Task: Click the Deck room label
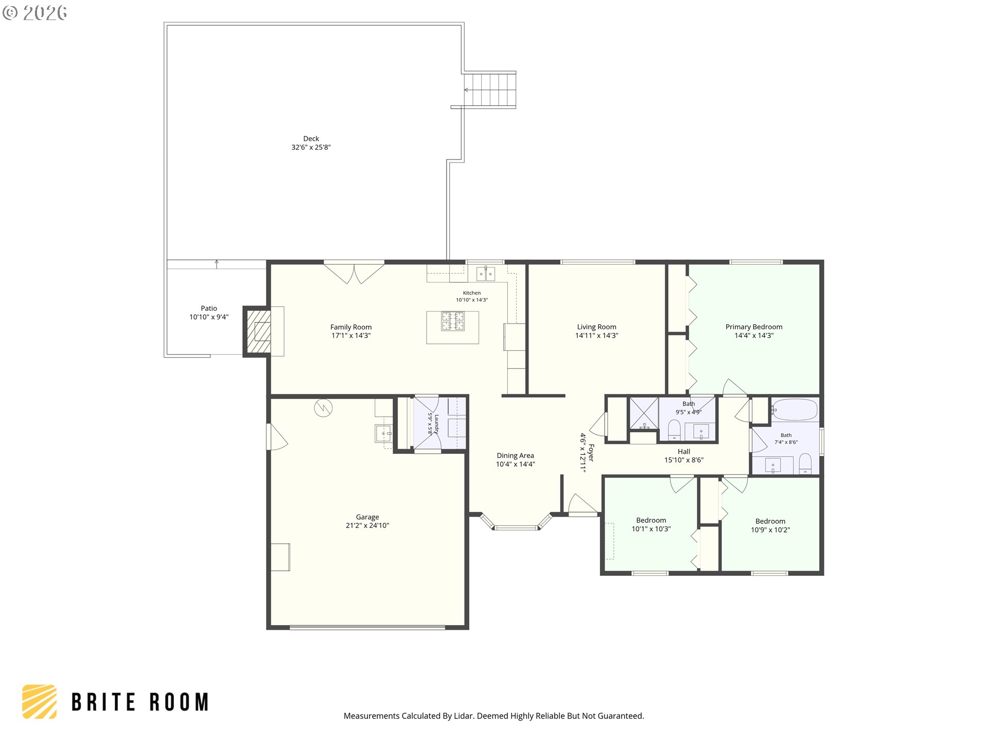tap(311, 138)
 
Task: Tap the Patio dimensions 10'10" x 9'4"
tap(209, 317)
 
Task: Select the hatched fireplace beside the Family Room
tap(257, 331)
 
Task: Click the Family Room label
tap(351, 327)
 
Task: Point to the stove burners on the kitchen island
tap(452, 322)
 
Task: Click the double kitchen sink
tap(485, 274)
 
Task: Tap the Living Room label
tap(596, 327)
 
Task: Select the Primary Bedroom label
tap(754, 327)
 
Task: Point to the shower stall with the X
tap(644, 413)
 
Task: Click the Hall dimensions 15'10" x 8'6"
tap(684, 460)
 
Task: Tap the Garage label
tap(367, 517)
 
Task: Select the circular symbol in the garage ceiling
tap(323, 408)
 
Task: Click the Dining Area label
tap(515, 455)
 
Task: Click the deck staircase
tap(490, 90)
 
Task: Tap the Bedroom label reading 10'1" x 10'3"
tap(651, 520)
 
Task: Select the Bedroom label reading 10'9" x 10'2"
tap(770, 521)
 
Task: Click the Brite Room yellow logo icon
tap(40, 701)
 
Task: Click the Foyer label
tap(591, 453)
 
